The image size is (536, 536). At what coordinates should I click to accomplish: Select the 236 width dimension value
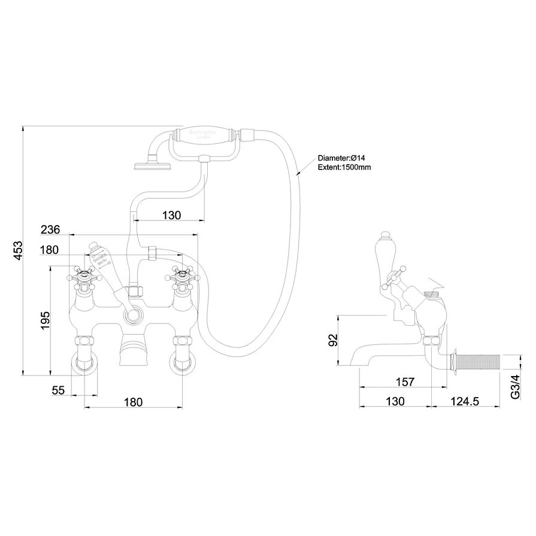click(x=51, y=230)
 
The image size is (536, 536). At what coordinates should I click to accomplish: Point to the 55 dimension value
click(x=58, y=390)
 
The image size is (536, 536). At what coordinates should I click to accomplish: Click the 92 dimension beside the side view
click(x=334, y=340)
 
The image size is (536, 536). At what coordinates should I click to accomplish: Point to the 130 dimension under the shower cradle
click(x=171, y=214)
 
